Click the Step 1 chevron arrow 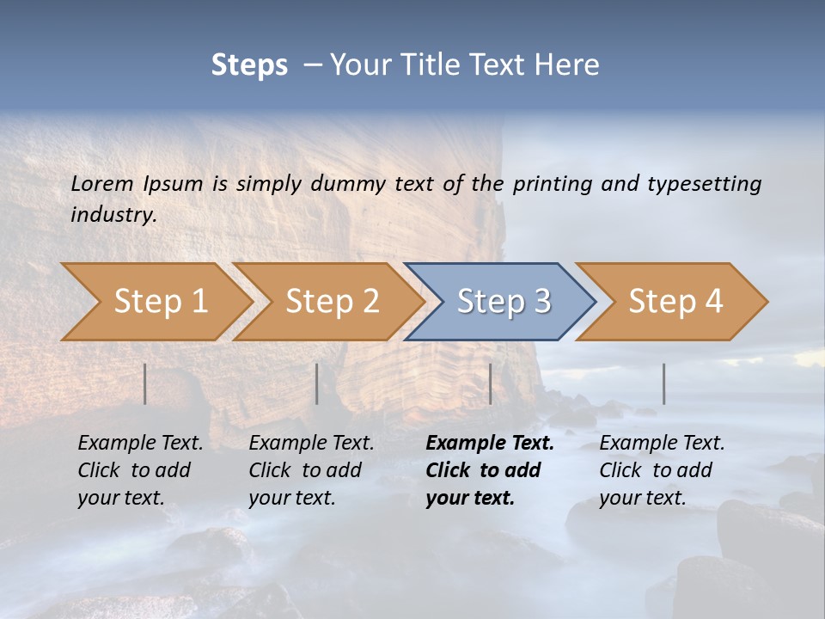(x=159, y=302)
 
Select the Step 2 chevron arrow (x=331, y=302)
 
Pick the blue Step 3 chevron (x=503, y=302)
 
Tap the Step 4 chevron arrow (x=675, y=302)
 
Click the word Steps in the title (x=249, y=65)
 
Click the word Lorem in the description (x=102, y=183)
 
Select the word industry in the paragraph (x=113, y=214)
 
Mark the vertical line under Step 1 (x=145, y=383)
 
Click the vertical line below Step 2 (x=317, y=383)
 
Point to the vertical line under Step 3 (x=491, y=383)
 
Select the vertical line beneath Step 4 (x=664, y=383)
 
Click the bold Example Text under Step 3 (x=490, y=444)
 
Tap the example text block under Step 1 (x=140, y=470)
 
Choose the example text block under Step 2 (x=311, y=470)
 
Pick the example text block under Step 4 (x=662, y=470)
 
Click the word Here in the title (x=567, y=65)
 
